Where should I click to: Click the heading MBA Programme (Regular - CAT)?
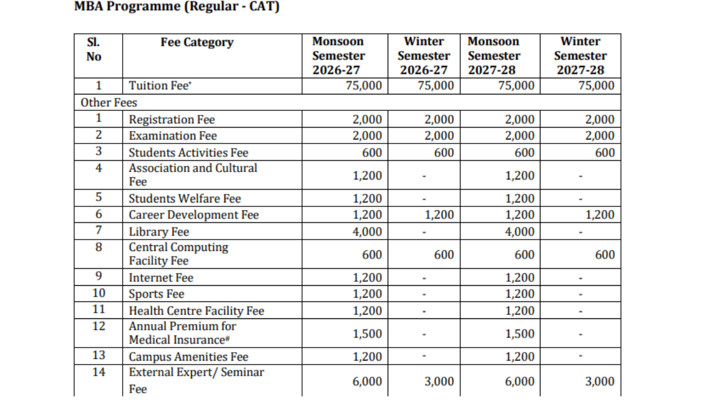click(177, 8)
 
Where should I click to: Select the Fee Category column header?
click(196, 43)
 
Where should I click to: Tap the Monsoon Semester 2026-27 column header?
click(339, 56)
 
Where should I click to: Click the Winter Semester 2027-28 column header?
click(580, 56)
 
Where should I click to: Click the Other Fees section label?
click(109, 102)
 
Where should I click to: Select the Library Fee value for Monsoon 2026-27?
click(367, 232)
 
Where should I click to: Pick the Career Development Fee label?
click(193, 215)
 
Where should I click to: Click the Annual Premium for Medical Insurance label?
click(182, 333)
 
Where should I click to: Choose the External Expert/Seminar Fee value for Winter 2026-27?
click(439, 381)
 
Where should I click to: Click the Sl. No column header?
click(94, 49)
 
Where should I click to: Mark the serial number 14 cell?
click(98, 372)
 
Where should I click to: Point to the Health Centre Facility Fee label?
click(196, 311)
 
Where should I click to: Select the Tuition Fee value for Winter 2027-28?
click(596, 86)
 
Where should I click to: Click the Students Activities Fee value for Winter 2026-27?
click(444, 153)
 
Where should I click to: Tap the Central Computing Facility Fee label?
click(178, 254)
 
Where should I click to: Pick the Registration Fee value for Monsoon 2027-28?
click(519, 119)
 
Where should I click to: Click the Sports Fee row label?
click(156, 294)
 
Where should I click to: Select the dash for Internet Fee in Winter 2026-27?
click(424, 278)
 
